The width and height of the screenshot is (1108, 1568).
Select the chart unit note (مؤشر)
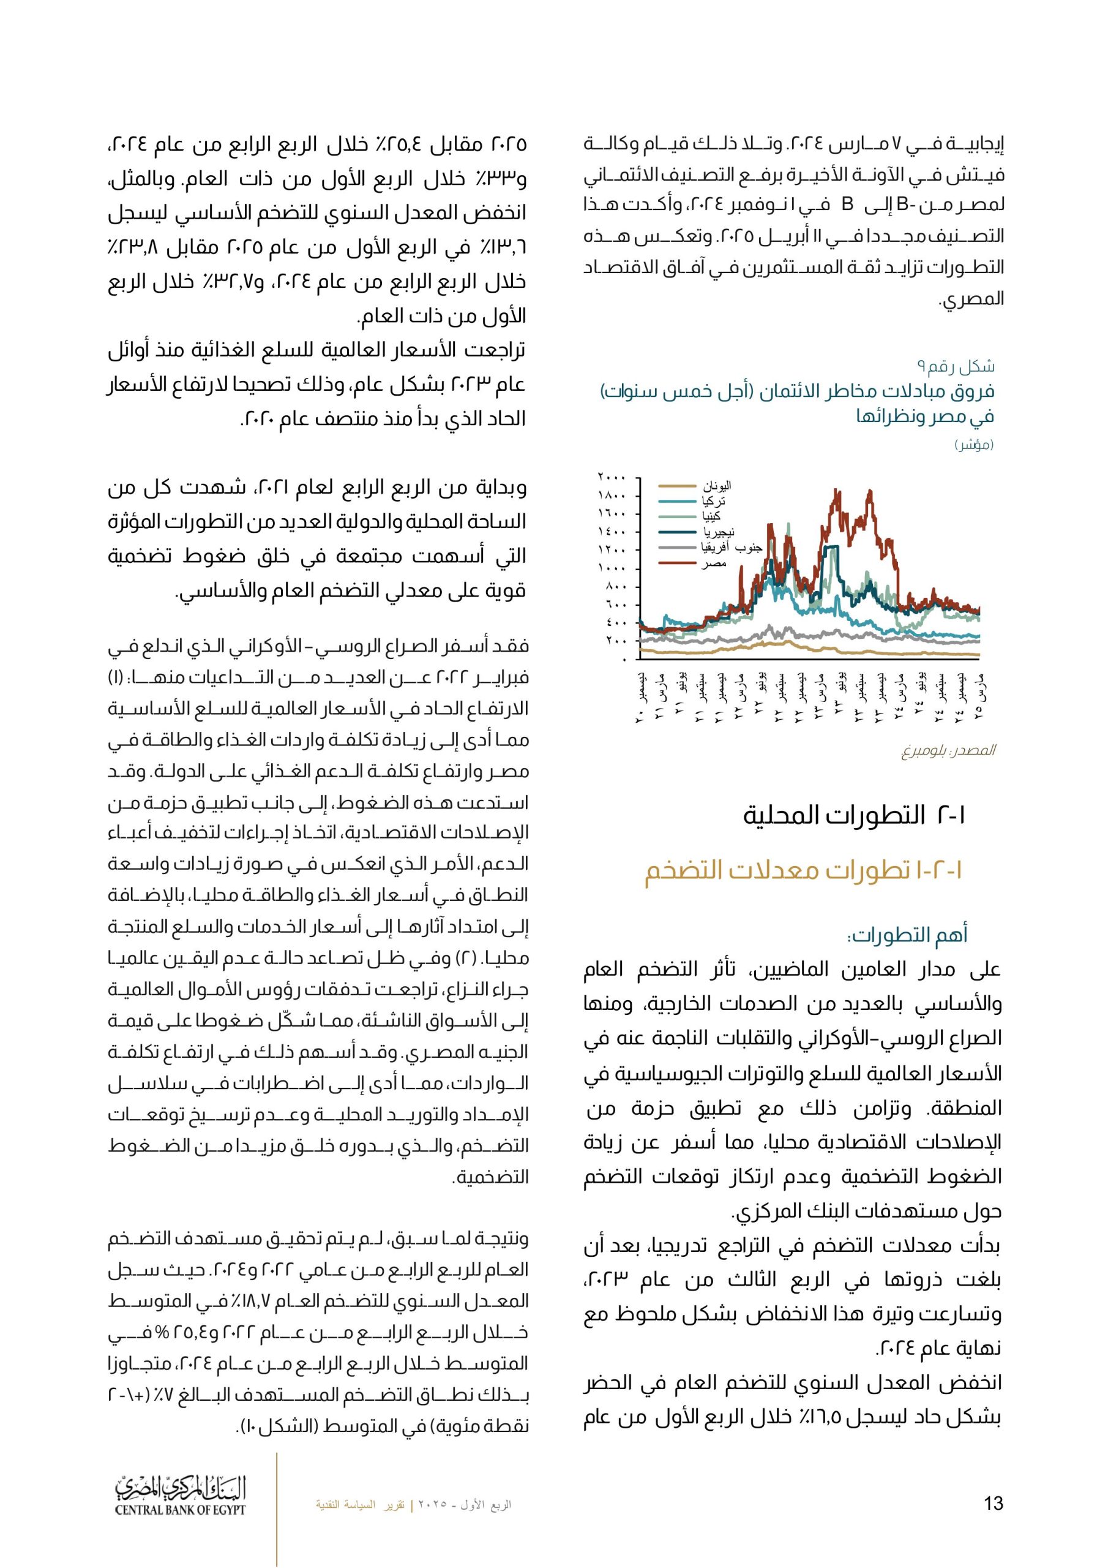[973, 445]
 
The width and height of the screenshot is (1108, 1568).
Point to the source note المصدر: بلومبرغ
[948, 750]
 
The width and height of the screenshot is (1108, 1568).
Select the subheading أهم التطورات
[907, 934]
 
